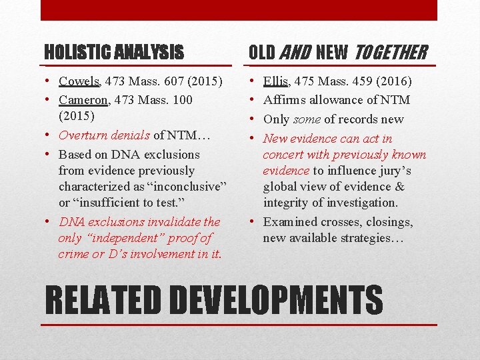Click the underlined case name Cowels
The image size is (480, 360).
point(79,81)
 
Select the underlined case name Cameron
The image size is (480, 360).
point(84,100)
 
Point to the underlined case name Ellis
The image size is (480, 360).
point(275,81)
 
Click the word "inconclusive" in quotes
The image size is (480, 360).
point(181,187)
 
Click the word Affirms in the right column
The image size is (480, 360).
point(283,100)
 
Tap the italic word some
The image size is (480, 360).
point(307,119)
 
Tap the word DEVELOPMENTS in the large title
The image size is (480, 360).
point(272,300)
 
